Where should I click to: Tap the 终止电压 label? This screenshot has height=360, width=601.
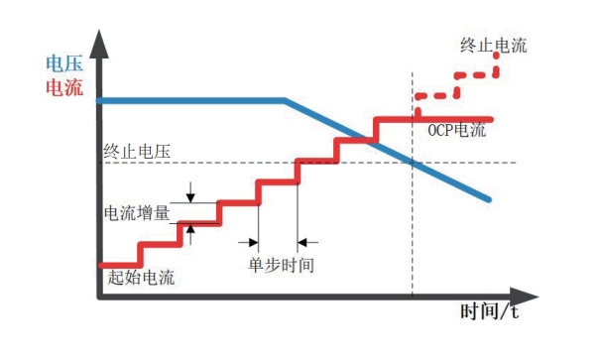pyautogui.click(x=138, y=152)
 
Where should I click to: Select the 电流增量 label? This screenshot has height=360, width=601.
pyautogui.click(x=139, y=212)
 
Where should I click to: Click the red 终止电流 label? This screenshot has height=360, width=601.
pyautogui.click(x=493, y=45)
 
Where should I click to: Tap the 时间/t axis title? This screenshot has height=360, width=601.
pyautogui.click(x=490, y=311)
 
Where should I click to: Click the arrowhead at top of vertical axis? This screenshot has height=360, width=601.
pyautogui.click(x=99, y=40)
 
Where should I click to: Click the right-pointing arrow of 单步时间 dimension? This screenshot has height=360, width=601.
pyautogui.click(x=251, y=240)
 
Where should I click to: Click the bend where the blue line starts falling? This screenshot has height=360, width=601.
pyautogui.click(x=286, y=100)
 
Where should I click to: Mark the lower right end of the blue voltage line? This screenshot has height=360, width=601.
pyautogui.click(x=489, y=199)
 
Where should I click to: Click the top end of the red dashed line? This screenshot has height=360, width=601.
pyautogui.click(x=495, y=57)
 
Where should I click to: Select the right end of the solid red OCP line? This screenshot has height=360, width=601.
pyautogui.click(x=491, y=119)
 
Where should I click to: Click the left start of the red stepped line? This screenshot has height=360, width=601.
pyautogui.click(x=101, y=265)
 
